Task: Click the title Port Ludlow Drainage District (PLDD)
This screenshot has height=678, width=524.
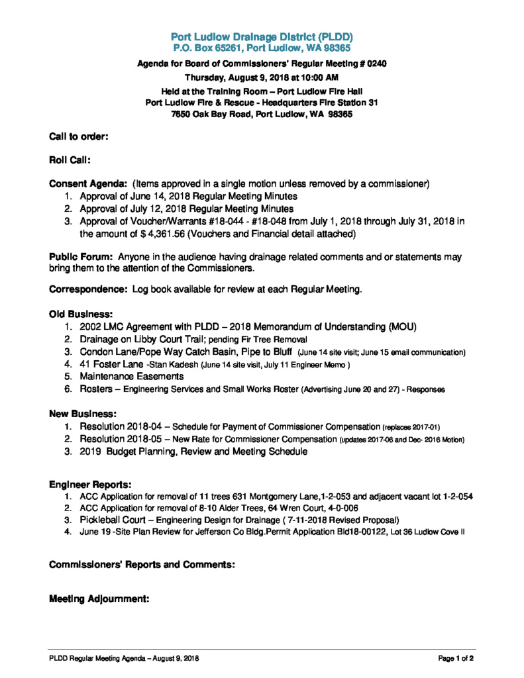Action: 262,37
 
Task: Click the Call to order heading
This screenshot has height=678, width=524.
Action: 79,136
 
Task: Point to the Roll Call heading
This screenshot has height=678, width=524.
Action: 70,160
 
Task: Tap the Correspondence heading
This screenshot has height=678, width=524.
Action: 88,290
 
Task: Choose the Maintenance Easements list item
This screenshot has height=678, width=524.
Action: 131,377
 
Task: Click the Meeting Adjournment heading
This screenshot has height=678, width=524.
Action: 99,599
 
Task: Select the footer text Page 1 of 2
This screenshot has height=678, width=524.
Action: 456,658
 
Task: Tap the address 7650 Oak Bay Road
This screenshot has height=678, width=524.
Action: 211,114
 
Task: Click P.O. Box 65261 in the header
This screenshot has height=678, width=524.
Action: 211,48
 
